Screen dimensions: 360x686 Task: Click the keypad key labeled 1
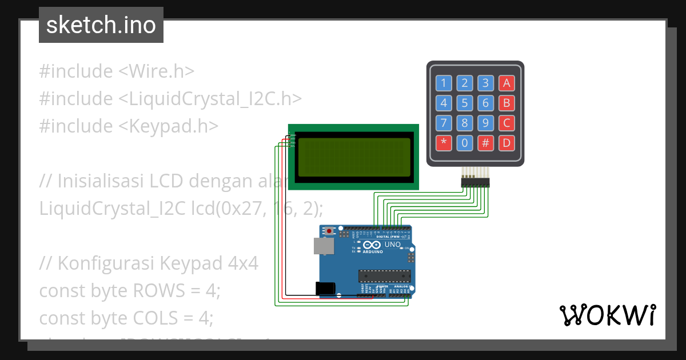[444, 83]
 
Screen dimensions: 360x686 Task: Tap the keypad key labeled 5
[464, 103]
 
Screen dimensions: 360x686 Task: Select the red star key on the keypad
[444, 143]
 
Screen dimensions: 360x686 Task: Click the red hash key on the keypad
[485, 143]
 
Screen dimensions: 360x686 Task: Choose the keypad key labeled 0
[464, 143]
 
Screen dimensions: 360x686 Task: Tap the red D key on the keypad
[505, 143]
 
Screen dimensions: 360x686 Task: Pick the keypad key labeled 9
[485, 123]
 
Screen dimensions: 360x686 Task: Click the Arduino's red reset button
[329, 231]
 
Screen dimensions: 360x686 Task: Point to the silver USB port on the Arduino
[324, 246]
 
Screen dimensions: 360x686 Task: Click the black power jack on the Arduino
[326, 289]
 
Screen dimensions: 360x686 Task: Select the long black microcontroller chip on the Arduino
[384, 276]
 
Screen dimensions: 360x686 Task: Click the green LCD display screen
[354, 157]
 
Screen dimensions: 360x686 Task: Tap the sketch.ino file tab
[101, 25]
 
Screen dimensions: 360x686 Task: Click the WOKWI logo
[607, 315]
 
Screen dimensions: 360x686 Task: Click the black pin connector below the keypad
[476, 182]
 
